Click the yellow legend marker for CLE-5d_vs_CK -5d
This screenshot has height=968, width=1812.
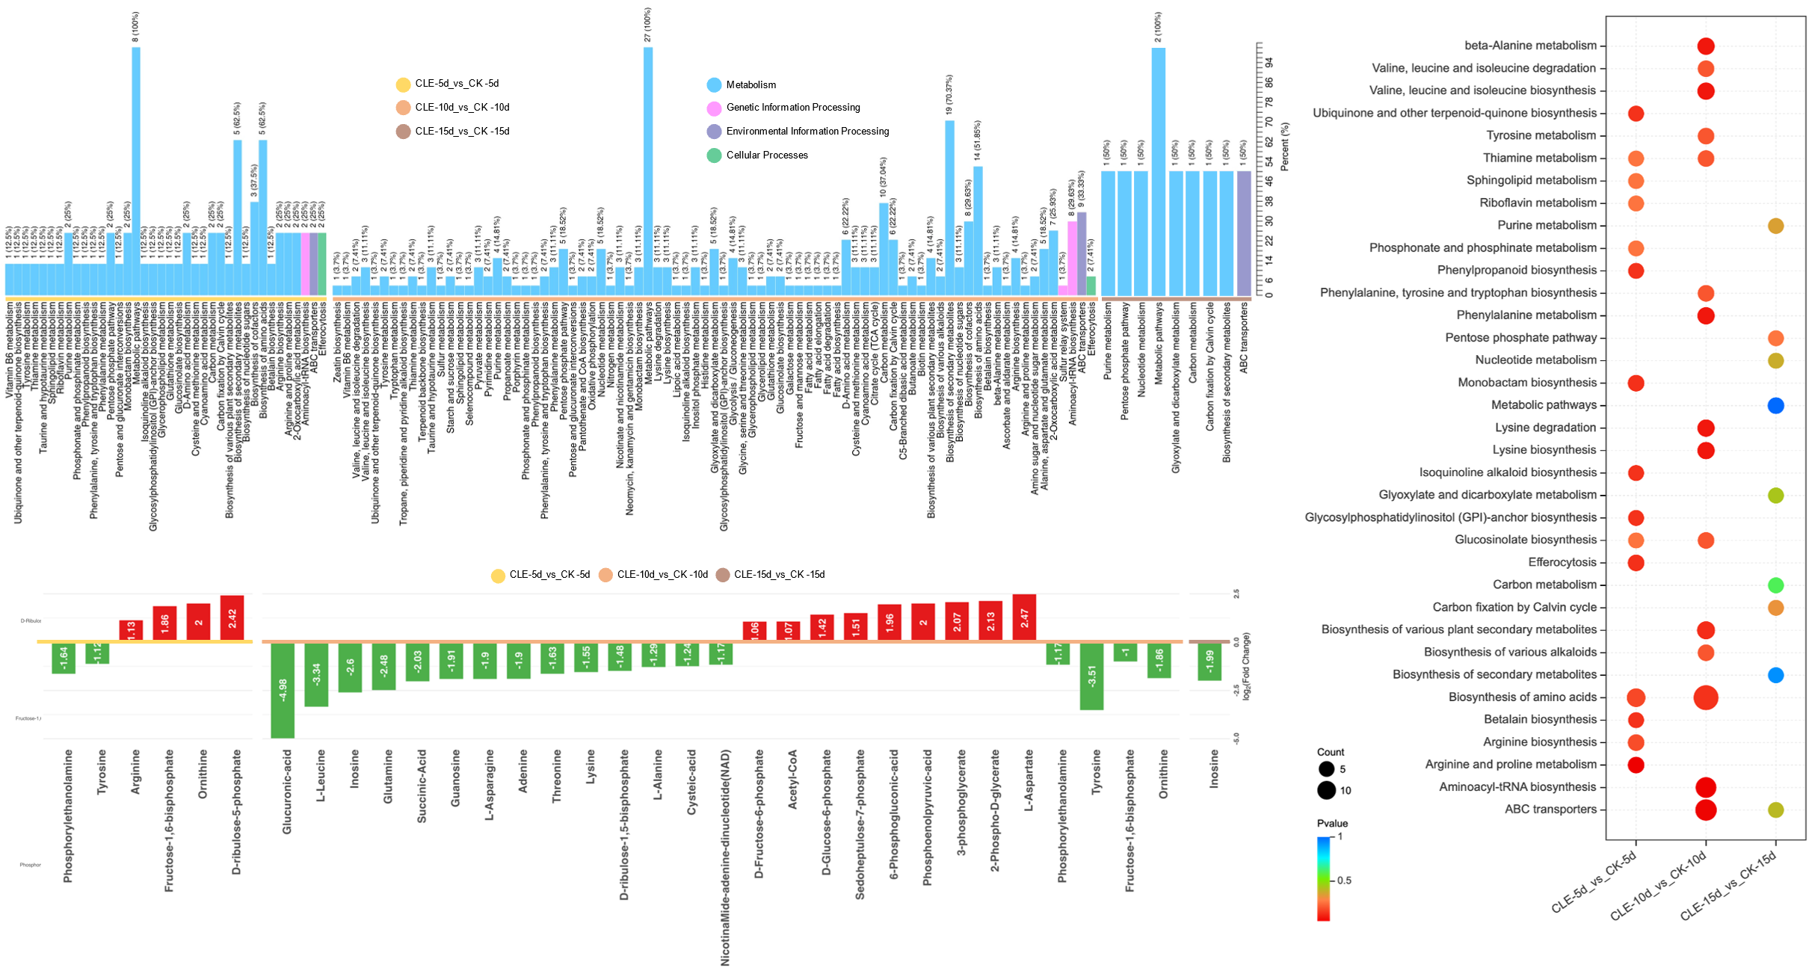pyautogui.click(x=403, y=84)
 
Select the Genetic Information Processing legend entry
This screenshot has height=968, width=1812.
pyautogui.click(x=792, y=108)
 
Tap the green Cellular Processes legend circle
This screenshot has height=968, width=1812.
pyautogui.click(x=714, y=155)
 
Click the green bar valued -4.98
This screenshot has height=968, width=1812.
pyautogui.click(x=283, y=690)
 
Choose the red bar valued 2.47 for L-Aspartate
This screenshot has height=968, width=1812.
pyautogui.click(x=1024, y=617)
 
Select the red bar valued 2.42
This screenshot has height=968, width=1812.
pyautogui.click(x=232, y=617)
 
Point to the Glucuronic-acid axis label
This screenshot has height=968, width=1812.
pyautogui.click(x=287, y=792)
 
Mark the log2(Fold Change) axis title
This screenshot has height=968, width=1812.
pyautogui.click(x=1246, y=667)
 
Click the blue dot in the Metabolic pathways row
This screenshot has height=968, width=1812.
pyautogui.click(x=1775, y=406)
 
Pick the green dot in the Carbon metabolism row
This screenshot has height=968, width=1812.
pyautogui.click(x=1775, y=585)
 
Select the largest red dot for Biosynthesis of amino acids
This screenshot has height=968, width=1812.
pyautogui.click(x=1705, y=697)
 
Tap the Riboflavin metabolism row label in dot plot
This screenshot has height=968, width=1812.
pyautogui.click(x=1538, y=203)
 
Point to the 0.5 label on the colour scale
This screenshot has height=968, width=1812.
pyautogui.click(x=1344, y=880)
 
